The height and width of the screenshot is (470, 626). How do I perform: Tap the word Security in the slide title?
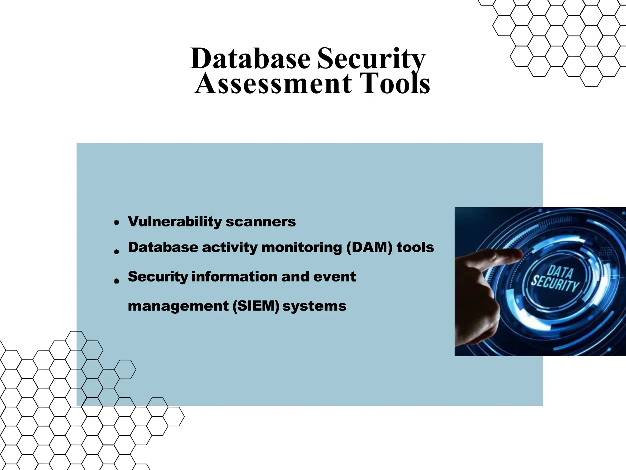coord(371,59)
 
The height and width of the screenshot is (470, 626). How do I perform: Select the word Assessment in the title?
coord(274,83)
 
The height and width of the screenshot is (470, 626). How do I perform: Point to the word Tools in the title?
coord(394,83)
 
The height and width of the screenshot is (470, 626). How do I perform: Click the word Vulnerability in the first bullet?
coord(175,222)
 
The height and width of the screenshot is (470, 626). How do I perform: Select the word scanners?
coord(261,222)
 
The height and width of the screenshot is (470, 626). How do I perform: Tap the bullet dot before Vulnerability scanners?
coord(116,222)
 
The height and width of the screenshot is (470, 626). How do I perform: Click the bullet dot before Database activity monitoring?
coord(116,252)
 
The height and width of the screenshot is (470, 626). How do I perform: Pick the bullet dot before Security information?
coord(116,281)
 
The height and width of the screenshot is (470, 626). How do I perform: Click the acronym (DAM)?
coord(369,247)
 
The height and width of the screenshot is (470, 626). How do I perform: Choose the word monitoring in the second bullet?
coord(301,247)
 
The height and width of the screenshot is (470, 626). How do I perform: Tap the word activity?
coord(230,247)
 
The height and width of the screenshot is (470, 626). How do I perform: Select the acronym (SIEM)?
coord(256,306)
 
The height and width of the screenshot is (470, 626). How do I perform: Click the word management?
coord(178,306)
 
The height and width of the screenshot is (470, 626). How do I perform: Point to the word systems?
coord(314,306)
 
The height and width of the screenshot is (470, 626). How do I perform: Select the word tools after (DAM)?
coord(415,247)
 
